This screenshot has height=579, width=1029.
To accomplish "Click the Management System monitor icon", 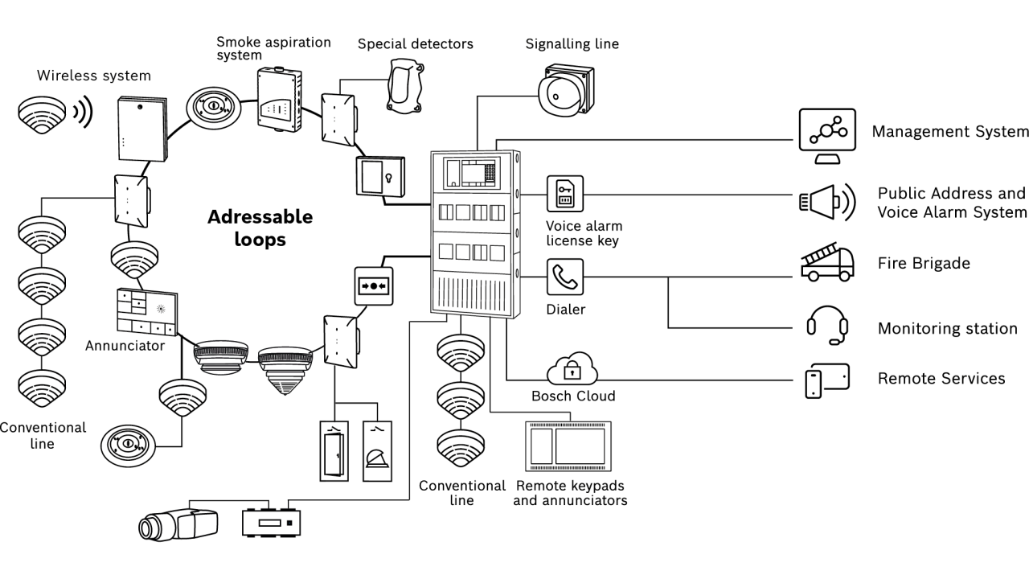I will tap(826, 134).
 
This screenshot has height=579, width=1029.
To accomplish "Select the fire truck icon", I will tap(826, 264).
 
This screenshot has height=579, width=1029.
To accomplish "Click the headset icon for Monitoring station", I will tap(828, 326).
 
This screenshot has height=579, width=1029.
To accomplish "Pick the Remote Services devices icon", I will tap(827, 380).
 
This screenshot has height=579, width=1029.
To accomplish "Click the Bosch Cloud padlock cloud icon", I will tap(572, 371).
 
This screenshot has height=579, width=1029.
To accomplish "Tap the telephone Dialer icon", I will tap(565, 278).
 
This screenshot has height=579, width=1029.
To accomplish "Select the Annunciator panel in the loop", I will tap(147, 312).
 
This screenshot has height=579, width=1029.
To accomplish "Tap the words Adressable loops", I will tap(259, 228).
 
